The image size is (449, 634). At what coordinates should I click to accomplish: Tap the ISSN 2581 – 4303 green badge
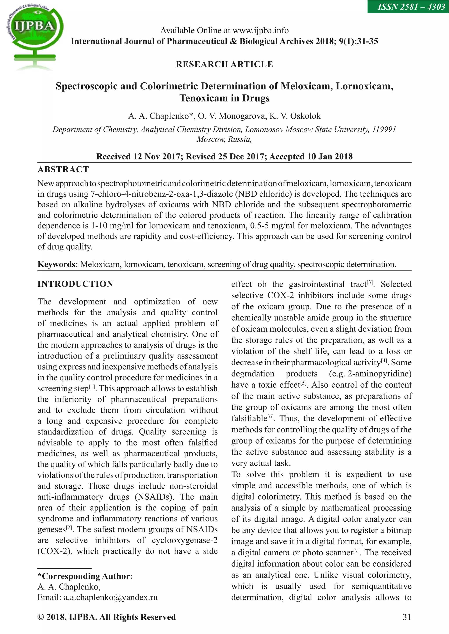pyautogui.click(x=408, y=6)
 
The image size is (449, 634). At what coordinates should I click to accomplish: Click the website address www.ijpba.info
pyautogui.click(x=260, y=30)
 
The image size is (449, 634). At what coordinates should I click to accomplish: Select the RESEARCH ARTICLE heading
pyautogui.click(x=224, y=64)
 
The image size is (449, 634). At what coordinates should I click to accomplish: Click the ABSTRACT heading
pyautogui.click(x=63, y=169)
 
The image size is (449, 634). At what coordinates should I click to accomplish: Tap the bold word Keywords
pyautogui.click(x=57, y=264)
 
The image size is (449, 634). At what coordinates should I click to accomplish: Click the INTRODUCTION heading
pyautogui.click(x=75, y=284)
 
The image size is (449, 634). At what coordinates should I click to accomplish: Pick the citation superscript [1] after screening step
pyautogui.click(x=92, y=387)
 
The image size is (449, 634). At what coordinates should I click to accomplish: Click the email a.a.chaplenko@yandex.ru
pyautogui.click(x=110, y=597)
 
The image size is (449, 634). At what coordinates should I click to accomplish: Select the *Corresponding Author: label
pyautogui.click(x=85, y=576)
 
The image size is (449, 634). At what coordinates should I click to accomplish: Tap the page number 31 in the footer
pyautogui.click(x=407, y=617)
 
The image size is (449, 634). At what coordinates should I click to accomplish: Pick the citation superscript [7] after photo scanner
pyautogui.click(x=357, y=551)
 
